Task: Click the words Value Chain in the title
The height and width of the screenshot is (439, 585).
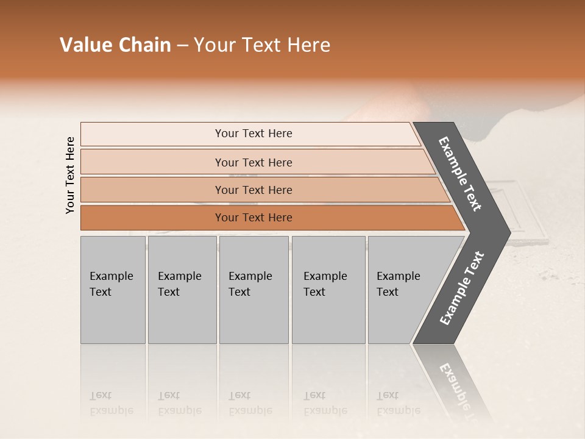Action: (115, 45)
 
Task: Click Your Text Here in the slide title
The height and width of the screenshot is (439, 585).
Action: (262, 45)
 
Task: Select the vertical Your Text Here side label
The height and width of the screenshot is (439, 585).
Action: (70, 175)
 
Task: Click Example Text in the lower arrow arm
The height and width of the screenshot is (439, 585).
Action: (461, 288)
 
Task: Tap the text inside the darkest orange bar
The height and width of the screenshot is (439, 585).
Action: (253, 218)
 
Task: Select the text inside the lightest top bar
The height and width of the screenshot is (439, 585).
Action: (253, 134)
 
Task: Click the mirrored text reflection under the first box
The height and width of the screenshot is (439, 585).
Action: (111, 403)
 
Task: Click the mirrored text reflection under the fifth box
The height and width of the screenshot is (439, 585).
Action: (398, 403)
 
